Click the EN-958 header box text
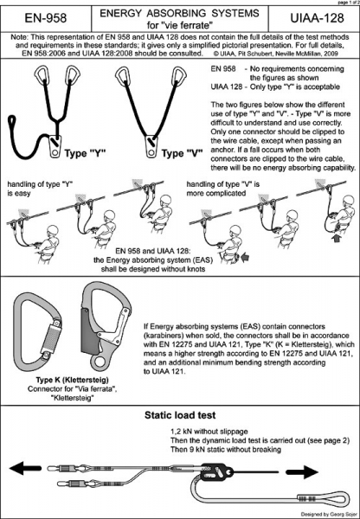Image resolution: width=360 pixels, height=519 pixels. click(46, 18)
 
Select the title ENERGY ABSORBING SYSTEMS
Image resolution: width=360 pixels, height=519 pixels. click(179, 13)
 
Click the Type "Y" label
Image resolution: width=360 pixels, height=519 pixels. click(86, 154)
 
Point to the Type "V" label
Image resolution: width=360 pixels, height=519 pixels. click(182, 154)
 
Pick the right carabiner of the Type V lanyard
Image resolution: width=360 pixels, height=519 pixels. click(178, 75)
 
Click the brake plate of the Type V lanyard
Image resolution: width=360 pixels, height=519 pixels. click(151, 147)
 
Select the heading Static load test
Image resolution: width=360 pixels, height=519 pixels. click(180, 415)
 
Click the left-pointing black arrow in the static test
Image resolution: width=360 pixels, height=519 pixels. click(25, 468)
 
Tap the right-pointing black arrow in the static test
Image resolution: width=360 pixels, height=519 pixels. click(302, 472)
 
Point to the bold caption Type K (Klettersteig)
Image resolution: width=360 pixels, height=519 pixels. click(72, 380)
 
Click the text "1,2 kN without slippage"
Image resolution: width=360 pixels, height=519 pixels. click(209, 432)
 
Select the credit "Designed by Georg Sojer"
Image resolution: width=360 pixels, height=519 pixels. click(329, 514)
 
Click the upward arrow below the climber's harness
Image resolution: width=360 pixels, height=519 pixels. click(337, 238)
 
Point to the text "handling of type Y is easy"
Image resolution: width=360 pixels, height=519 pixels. click(40, 189)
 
